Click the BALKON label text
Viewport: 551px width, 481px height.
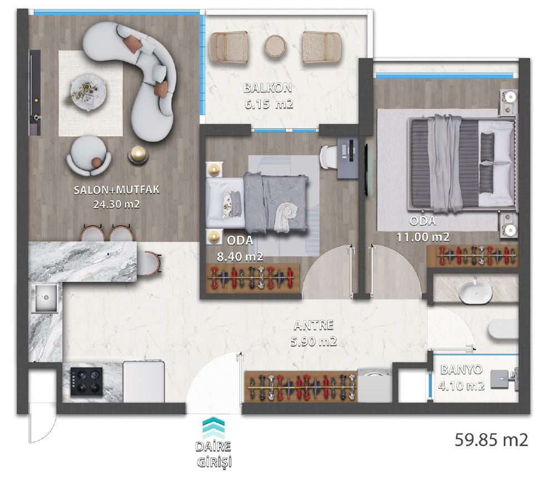click(268, 87)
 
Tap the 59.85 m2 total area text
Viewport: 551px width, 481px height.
click(492, 439)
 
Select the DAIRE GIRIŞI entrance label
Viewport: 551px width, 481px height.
click(214, 454)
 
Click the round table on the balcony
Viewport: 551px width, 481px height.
click(276, 46)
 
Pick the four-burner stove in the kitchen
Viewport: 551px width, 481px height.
click(87, 382)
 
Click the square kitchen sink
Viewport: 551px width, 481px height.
click(44, 298)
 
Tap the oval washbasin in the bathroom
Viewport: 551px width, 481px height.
click(475, 292)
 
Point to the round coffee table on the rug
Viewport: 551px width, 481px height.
click(88, 92)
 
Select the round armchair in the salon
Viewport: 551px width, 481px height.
click(89, 156)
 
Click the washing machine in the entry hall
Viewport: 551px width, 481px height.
click(375, 385)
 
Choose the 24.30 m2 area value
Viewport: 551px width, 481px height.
click(116, 205)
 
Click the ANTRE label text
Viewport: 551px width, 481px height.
click(314, 325)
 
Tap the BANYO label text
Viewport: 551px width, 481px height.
click(461, 370)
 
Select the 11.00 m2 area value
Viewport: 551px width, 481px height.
click(423, 237)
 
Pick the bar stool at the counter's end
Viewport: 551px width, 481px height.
click(153, 263)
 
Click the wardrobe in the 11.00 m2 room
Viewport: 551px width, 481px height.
click(473, 256)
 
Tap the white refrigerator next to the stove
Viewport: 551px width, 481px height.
click(143, 381)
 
